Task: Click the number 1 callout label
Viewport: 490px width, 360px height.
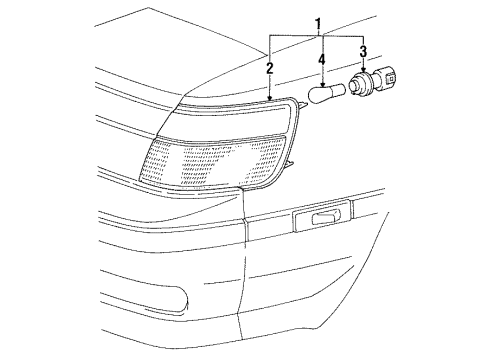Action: point(319,22)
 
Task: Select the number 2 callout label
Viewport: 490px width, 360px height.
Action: point(269,69)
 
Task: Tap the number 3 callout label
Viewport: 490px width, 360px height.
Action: point(363,52)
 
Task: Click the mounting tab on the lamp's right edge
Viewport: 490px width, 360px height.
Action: point(291,163)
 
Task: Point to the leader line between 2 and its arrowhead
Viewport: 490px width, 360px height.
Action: point(270,84)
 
